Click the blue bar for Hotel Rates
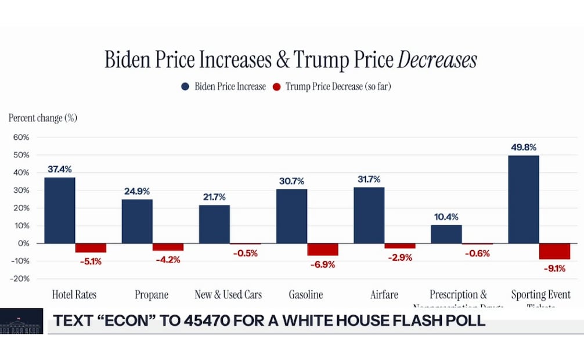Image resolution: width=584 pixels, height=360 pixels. (x=60, y=210)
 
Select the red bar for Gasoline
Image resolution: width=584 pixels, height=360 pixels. (x=323, y=250)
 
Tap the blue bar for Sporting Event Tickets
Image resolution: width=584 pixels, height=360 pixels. (x=524, y=199)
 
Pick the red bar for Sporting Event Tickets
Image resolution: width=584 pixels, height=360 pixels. (x=554, y=251)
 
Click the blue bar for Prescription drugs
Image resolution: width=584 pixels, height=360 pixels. (x=446, y=234)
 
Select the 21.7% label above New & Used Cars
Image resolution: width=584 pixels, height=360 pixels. (x=214, y=197)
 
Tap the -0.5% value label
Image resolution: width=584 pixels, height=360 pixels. (x=245, y=253)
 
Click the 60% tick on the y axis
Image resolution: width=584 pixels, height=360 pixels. (x=20, y=138)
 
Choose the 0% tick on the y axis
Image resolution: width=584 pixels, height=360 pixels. (x=23, y=243)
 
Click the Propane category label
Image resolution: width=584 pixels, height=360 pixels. (x=152, y=295)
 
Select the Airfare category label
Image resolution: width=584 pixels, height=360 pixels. (x=384, y=295)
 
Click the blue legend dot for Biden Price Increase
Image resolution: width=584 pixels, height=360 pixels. (x=185, y=87)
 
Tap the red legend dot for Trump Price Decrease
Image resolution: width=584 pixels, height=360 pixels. (x=276, y=87)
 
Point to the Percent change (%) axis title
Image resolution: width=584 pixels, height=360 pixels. (x=43, y=118)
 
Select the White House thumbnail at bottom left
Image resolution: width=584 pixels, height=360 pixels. (x=21, y=321)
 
